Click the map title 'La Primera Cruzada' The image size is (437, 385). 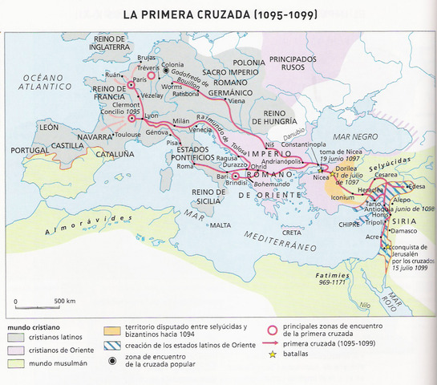218,14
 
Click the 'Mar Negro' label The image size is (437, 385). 353,136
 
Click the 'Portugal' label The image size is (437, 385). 24,150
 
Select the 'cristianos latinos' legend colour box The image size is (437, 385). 18,338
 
